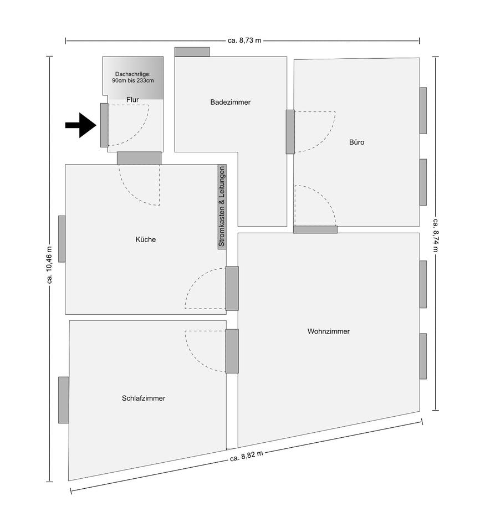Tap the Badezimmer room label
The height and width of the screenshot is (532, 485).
(231, 103)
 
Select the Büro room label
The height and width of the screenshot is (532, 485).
(356, 142)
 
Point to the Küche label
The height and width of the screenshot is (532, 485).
(146, 240)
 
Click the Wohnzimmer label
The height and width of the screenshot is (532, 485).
(329, 331)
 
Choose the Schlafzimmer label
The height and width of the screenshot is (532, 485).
(144, 398)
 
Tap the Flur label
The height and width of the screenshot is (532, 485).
(132, 99)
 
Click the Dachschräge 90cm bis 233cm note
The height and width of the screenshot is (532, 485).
(132, 77)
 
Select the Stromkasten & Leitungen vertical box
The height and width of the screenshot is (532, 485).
(222, 207)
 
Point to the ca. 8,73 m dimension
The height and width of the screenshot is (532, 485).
(244, 40)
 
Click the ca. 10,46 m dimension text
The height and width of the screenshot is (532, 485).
(49, 266)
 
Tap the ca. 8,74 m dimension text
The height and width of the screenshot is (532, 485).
(436, 233)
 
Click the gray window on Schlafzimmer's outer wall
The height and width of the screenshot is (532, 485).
(64, 400)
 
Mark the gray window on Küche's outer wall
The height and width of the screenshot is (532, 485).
(62, 239)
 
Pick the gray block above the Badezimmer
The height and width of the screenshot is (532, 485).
(192, 52)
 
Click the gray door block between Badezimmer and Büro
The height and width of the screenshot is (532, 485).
(290, 132)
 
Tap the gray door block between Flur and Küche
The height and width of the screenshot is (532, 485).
(139, 158)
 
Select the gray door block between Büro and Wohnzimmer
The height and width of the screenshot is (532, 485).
(315, 229)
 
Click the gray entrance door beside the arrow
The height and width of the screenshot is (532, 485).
(104, 125)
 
